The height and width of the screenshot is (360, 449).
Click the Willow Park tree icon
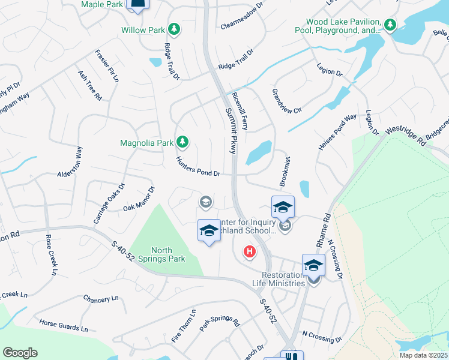pyautogui.click(x=173, y=29)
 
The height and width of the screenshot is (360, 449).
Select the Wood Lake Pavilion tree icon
pyautogui.click(x=391, y=24)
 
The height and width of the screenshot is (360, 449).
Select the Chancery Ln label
pyautogui.click(x=98, y=299)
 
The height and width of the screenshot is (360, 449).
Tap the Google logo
pyautogui.click(x=20, y=353)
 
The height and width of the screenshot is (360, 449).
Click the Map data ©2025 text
pyautogui.click(x=423, y=355)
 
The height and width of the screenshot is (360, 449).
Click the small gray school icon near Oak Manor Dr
pyautogui.click(x=205, y=202)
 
